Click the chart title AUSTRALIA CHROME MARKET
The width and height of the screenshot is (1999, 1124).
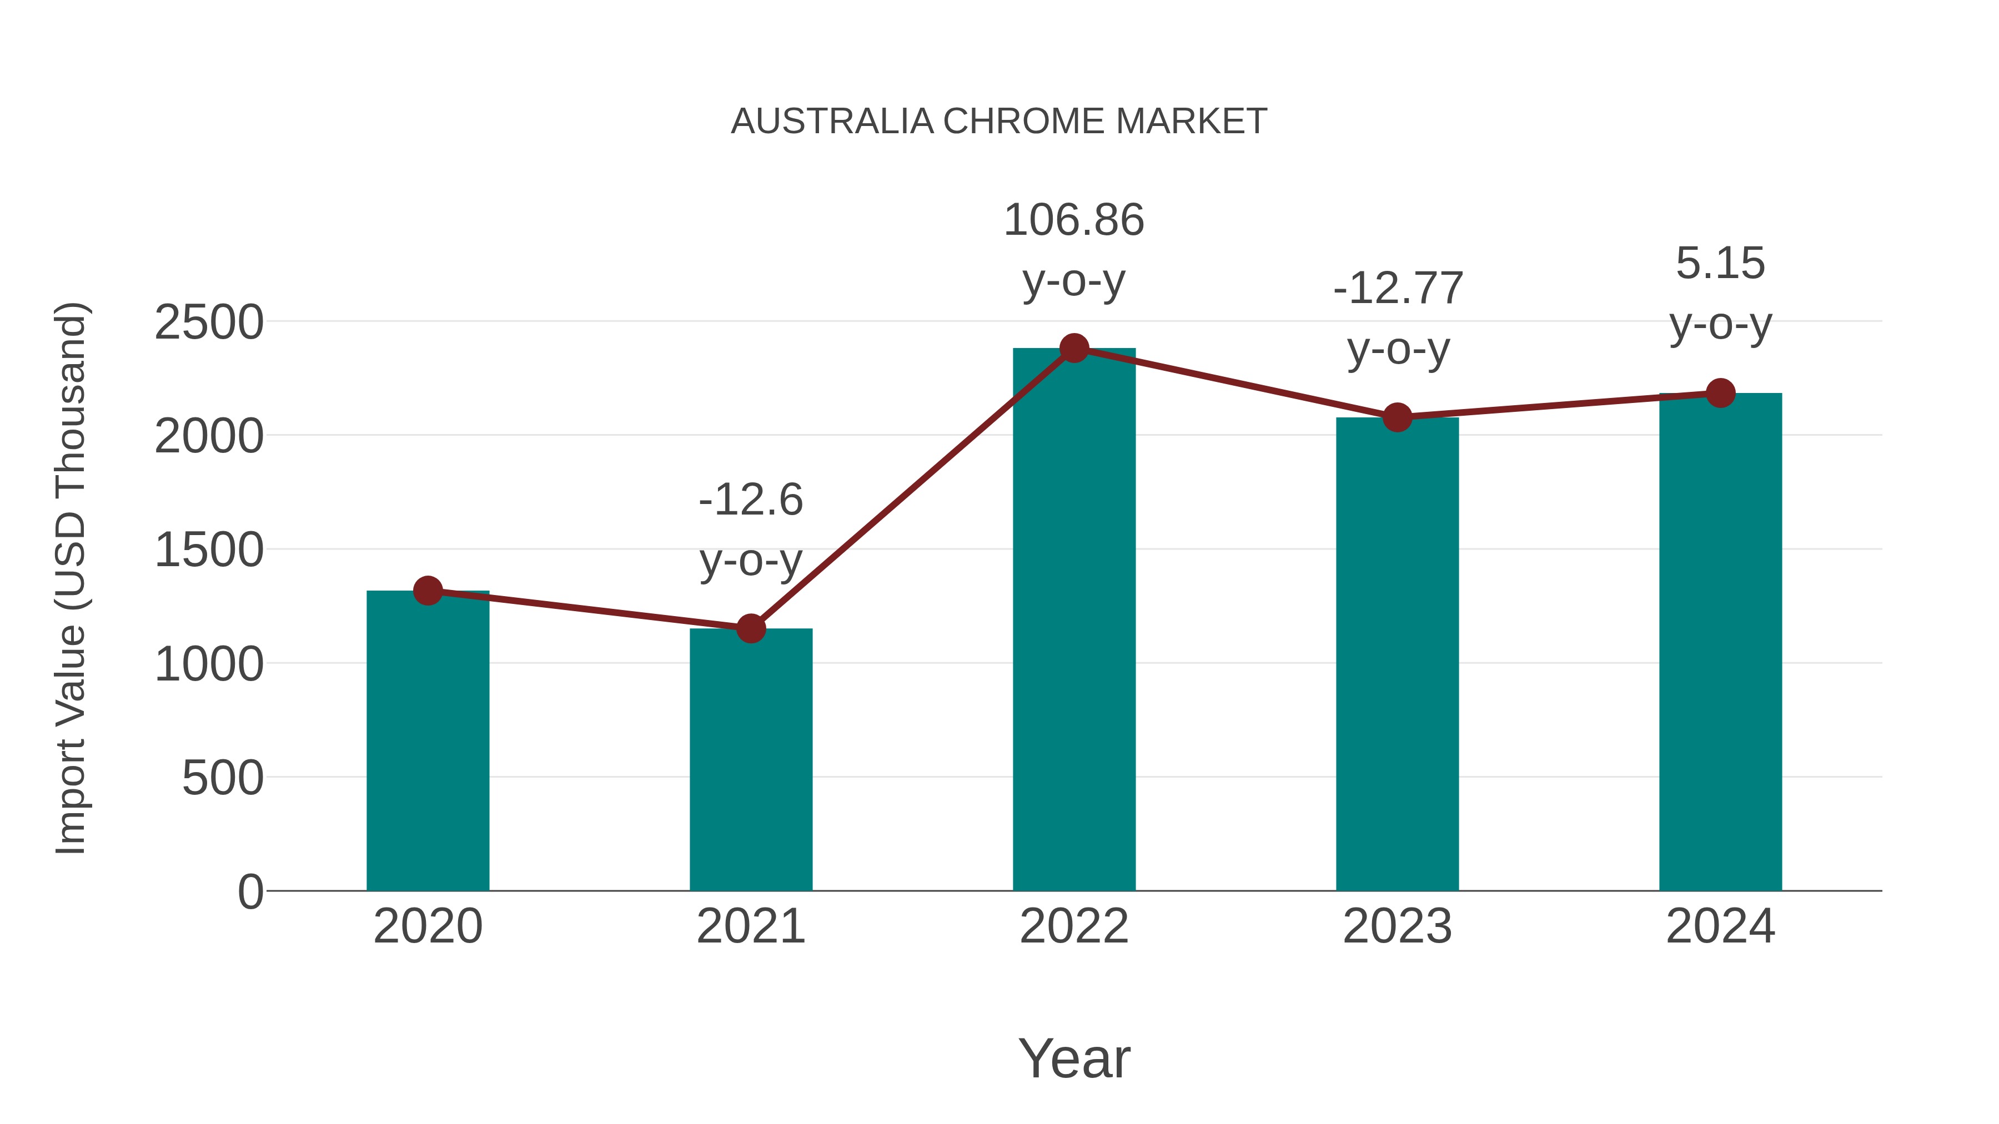click(999, 122)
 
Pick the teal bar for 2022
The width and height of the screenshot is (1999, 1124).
click(1074, 621)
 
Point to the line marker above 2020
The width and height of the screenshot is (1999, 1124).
click(428, 591)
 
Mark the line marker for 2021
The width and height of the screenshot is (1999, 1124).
click(750, 628)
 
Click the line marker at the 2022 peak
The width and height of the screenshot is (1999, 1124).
click(1074, 348)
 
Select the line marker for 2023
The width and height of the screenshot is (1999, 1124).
click(1397, 417)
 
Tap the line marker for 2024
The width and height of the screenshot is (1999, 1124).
click(1720, 394)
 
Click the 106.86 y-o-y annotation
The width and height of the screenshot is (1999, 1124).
click(1074, 250)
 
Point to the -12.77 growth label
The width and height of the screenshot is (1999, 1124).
click(1398, 318)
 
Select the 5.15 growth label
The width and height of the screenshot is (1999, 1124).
click(1720, 293)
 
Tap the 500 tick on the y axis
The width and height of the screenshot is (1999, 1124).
click(222, 778)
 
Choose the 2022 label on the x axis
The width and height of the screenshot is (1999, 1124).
click(1074, 926)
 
